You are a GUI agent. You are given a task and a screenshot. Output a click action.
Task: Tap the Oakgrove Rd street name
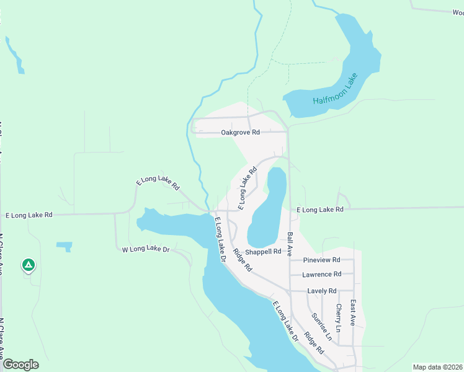[x=240, y=133]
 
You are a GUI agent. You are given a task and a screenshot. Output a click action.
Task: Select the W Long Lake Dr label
[x=146, y=249]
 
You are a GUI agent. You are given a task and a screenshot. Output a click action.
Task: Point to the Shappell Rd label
[x=263, y=252]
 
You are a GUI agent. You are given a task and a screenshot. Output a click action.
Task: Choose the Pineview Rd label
[x=321, y=260]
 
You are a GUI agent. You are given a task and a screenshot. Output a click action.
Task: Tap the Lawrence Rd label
[x=321, y=274]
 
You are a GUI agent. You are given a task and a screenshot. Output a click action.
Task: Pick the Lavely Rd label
[x=321, y=291]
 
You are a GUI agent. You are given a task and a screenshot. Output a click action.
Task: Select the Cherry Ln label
[x=339, y=317]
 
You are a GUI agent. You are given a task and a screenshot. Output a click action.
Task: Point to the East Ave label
[x=353, y=313]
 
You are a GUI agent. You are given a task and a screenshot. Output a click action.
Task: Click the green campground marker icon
[x=28, y=265]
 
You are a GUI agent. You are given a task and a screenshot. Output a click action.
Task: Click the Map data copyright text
[x=437, y=367]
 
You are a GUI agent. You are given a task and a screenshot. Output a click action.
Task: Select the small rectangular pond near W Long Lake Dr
[x=64, y=246]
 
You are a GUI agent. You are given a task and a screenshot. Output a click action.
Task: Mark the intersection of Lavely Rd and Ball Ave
[x=290, y=291]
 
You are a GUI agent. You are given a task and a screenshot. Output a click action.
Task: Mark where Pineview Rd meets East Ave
[x=353, y=260]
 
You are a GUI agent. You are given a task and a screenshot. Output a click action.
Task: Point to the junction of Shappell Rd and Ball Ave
[x=290, y=252]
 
